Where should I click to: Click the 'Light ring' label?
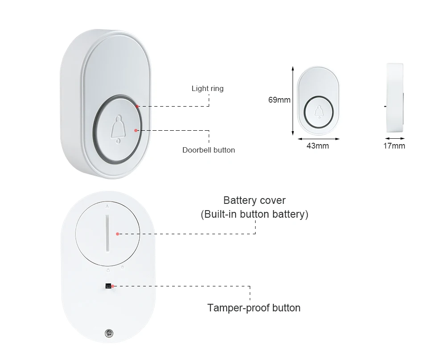click(207, 88)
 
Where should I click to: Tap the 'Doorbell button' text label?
click(208, 150)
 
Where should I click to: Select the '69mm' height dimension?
click(279, 100)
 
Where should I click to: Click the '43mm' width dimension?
click(318, 146)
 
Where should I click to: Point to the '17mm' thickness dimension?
click(394, 146)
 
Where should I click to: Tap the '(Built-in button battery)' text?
click(254, 214)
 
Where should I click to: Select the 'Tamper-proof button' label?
click(254, 308)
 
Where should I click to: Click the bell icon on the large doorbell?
click(118, 129)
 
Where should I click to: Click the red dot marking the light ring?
click(138, 106)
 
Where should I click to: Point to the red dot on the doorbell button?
click(136, 130)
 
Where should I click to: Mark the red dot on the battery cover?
click(117, 233)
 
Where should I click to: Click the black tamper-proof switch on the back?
click(108, 286)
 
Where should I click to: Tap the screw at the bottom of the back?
click(107, 332)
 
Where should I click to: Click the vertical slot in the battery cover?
click(108, 232)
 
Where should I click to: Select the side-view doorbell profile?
click(394, 97)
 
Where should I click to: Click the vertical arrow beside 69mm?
click(293, 100)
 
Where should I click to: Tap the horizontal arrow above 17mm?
click(394, 139)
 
